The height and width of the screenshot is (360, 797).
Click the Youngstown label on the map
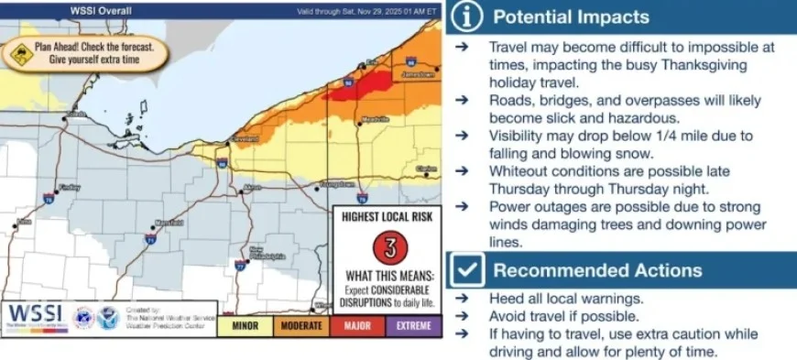pos(336,183)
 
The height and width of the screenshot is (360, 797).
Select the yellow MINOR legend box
pos(245,325)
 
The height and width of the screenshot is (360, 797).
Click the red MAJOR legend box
pos(357,325)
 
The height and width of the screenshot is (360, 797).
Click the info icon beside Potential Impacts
pos(466,17)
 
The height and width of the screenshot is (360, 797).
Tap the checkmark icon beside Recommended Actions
pos(466,271)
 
